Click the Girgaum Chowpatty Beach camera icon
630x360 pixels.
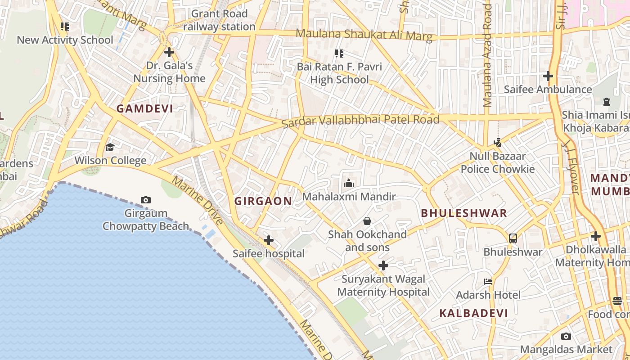tap(145, 200)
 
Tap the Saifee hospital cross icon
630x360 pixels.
tap(269, 240)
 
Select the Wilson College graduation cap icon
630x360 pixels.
tap(110, 147)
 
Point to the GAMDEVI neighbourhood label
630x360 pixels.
tap(145, 108)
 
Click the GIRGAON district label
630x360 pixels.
tap(263, 201)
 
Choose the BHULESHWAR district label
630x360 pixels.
tap(464, 213)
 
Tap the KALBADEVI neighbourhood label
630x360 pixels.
tap(473, 313)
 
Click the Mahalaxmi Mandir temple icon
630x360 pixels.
tap(349, 183)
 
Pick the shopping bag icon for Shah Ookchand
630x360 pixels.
tap(367, 221)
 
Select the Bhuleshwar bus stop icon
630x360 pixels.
tap(513, 238)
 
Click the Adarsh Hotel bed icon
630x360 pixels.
tap(488, 282)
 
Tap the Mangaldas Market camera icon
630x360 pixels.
tap(566, 336)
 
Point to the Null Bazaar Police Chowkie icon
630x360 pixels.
tap(497, 143)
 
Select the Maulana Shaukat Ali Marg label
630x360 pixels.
tap(364, 35)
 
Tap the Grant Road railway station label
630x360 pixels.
tap(220, 20)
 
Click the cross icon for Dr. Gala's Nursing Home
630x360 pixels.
tap(169, 52)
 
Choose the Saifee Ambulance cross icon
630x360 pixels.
tap(548, 76)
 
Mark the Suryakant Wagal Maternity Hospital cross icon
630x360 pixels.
tap(383, 265)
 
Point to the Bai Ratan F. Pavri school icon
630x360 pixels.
tap(339, 54)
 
